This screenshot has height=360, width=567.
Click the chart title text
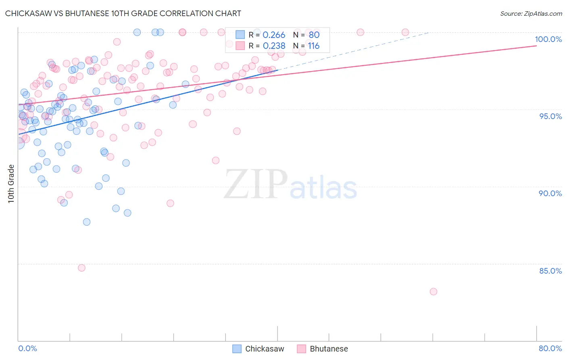pos(123,13)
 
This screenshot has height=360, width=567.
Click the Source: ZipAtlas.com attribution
pos(531,13)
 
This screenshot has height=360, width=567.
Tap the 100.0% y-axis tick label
pos(548,39)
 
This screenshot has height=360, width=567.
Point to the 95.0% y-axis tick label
pos(550,116)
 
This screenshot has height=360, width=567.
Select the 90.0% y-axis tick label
pos(550,193)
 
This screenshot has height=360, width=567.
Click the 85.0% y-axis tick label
pos(550,271)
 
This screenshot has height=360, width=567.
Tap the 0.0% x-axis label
pos(27,348)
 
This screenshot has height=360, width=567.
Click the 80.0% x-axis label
pos(550,348)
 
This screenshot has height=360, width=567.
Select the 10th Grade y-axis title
pos(11,184)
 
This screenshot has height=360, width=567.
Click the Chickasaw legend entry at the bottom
pos(258,349)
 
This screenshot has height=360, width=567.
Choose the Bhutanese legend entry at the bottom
pos(323,349)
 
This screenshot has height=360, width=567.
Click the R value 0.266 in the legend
pos(274,35)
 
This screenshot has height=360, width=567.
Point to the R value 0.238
pos(274,46)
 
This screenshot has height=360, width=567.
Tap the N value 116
pos(314,46)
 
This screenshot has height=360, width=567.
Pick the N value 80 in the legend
pos(314,35)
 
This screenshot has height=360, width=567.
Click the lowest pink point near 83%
pos(434,291)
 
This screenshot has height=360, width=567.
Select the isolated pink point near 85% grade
pos(81,268)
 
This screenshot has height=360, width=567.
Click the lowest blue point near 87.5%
pos(87,222)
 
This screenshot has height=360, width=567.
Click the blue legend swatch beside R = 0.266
pos(240,35)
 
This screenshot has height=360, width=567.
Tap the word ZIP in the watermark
pos(256,184)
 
